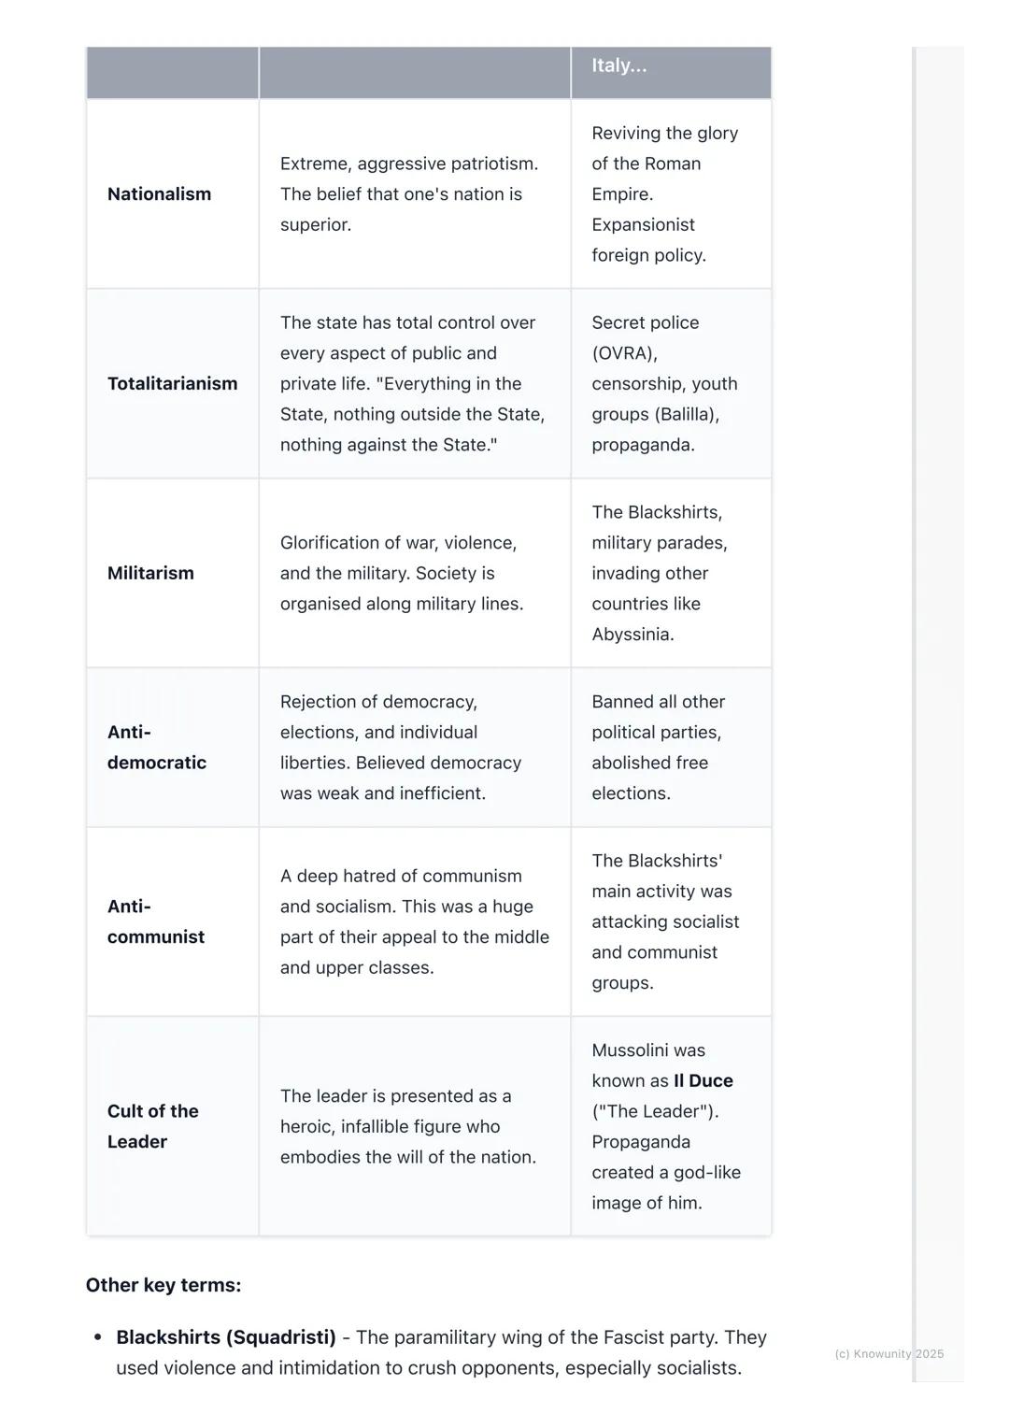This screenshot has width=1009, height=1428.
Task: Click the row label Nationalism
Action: click(159, 194)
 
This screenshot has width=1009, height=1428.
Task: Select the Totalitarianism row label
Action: click(172, 384)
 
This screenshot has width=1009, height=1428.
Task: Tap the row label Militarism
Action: click(150, 574)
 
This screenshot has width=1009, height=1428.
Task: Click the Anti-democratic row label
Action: click(156, 748)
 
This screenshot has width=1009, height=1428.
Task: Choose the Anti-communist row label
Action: click(155, 921)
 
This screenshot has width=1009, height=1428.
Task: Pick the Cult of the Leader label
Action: click(152, 1126)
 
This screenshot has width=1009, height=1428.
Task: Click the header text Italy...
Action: click(618, 65)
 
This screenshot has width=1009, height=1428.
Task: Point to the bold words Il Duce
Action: click(703, 1081)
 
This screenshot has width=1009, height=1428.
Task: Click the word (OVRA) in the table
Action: click(624, 353)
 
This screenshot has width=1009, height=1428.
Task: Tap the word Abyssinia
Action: click(632, 635)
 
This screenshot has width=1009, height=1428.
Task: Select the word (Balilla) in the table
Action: click(686, 414)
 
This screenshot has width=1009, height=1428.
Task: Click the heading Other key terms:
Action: click(163, 1285)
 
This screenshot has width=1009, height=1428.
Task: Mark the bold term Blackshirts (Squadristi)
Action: click(226, 1337)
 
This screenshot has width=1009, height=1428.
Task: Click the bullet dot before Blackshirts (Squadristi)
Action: click(97, 1337)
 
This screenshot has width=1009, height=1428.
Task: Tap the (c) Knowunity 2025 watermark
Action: click(888, 1353)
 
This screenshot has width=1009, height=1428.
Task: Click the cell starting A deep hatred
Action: click(414, 921)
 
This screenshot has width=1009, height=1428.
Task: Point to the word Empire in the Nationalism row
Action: click(620, 194)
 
